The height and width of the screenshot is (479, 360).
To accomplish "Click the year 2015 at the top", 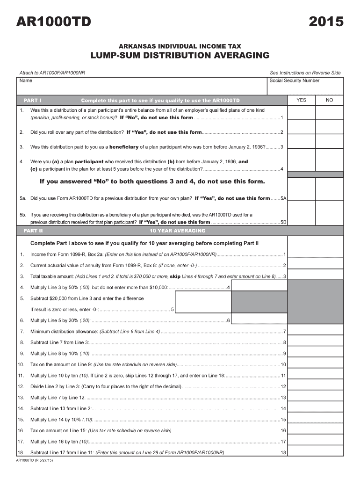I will [326, 22].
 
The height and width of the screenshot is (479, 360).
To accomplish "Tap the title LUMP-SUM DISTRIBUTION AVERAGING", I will [180, 56].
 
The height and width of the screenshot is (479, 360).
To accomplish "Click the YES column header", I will [302, 100].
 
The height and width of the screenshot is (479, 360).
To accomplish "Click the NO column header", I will [330, 100].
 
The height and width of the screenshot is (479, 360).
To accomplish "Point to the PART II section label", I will [33, 231].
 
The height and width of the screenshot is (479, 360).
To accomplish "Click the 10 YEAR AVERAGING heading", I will [177, 231].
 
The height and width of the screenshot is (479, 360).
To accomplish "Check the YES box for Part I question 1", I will [302, 113].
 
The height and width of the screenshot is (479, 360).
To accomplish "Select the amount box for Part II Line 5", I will [203, 302].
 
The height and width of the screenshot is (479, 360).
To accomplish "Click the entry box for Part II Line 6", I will [259, 320].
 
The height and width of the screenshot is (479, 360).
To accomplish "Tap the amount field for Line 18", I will [315, 452].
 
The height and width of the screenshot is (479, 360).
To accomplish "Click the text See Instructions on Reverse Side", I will [305, 73].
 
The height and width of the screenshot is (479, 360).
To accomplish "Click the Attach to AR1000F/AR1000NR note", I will [52, 73].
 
